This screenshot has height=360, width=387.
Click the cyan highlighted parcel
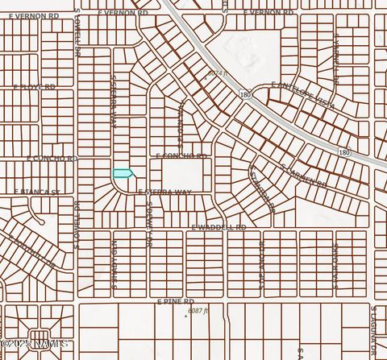pos(123,173)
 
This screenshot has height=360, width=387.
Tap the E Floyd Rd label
pos(33,87)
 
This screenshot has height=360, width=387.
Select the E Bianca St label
pos(37,192)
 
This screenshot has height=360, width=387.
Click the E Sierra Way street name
pos(164,192)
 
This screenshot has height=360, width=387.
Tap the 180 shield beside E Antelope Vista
pos(245,95)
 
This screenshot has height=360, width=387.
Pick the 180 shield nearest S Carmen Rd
pos(344,152)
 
